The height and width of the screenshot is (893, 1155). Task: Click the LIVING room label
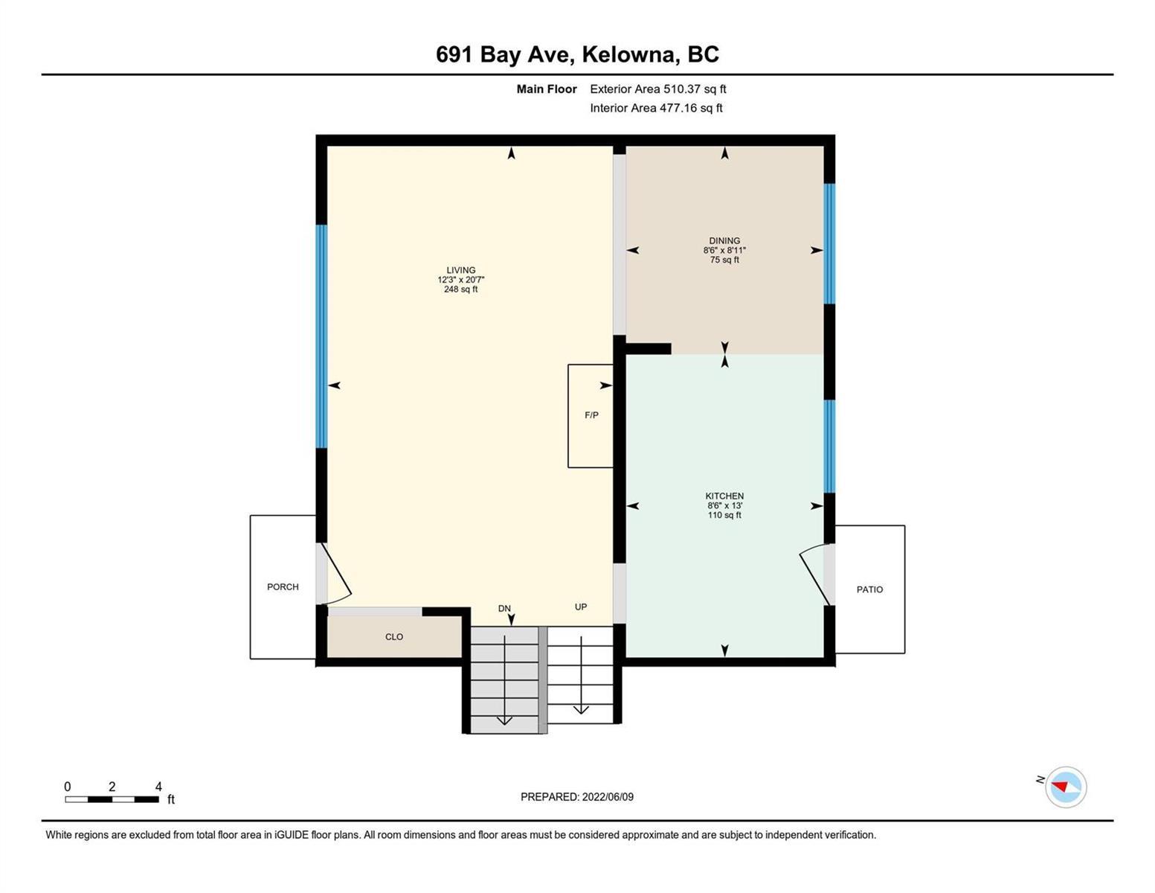coord(461,270)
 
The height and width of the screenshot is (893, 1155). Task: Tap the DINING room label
coord(724,241)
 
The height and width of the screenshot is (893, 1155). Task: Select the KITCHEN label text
coord(724,496)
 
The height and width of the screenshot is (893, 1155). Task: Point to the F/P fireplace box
coord(591,416)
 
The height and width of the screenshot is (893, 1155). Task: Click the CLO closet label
coord(394,637)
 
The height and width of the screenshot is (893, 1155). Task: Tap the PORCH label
coord(283,587)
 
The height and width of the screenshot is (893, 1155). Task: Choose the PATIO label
coord(869,590)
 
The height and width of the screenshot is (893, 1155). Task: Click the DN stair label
coord(504,609)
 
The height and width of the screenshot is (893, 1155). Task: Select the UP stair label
coord(581,606)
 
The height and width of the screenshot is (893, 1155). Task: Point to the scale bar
coord(112,799)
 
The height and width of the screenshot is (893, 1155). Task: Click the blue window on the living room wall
coord(321,336)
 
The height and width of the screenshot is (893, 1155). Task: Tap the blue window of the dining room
coord(829,244)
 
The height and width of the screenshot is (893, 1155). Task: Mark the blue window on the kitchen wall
coord(829,446)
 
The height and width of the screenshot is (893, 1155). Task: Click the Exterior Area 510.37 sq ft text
coord(658,89)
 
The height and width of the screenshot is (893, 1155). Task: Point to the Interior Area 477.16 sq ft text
coord(657,109)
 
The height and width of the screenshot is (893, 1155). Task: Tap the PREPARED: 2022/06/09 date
coord(577,797)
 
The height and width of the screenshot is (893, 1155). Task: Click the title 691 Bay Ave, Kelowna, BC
coord(577,55)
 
